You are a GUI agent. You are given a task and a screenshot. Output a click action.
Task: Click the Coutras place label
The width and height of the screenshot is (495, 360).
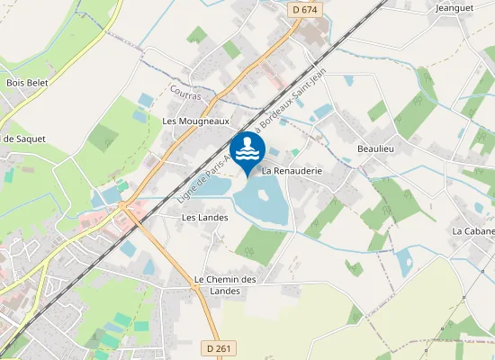pyautogui.click(x=185, y=92)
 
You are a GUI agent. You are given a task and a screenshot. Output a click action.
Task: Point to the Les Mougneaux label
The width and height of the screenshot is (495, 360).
pyautogui.click(x=196, y=120)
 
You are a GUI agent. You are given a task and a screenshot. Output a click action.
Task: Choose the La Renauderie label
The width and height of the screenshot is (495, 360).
pyautogui.click(x=292, y=169)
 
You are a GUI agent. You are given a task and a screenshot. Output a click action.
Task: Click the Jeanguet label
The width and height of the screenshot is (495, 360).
pyautogui.click(x=454, y=8)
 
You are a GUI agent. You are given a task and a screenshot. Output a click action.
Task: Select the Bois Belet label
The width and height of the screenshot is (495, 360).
pyautogui.click(x=27, y=82)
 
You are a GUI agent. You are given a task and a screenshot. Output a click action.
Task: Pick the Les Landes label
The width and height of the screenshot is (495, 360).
pyautogui.click(x=204, y=217)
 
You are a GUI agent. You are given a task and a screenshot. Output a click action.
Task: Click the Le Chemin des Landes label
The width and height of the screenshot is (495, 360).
pyautogui.click(x=226, y=284)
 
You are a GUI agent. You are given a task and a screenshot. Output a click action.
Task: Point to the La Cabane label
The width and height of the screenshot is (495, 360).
pyautogui.click(x=472, y=231)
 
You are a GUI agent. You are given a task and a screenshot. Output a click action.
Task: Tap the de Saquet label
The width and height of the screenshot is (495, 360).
pyautogui.click(x=23, y=139)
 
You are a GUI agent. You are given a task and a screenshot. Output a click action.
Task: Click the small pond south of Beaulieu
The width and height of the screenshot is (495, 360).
pyautogui.click(x=403, y=261)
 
